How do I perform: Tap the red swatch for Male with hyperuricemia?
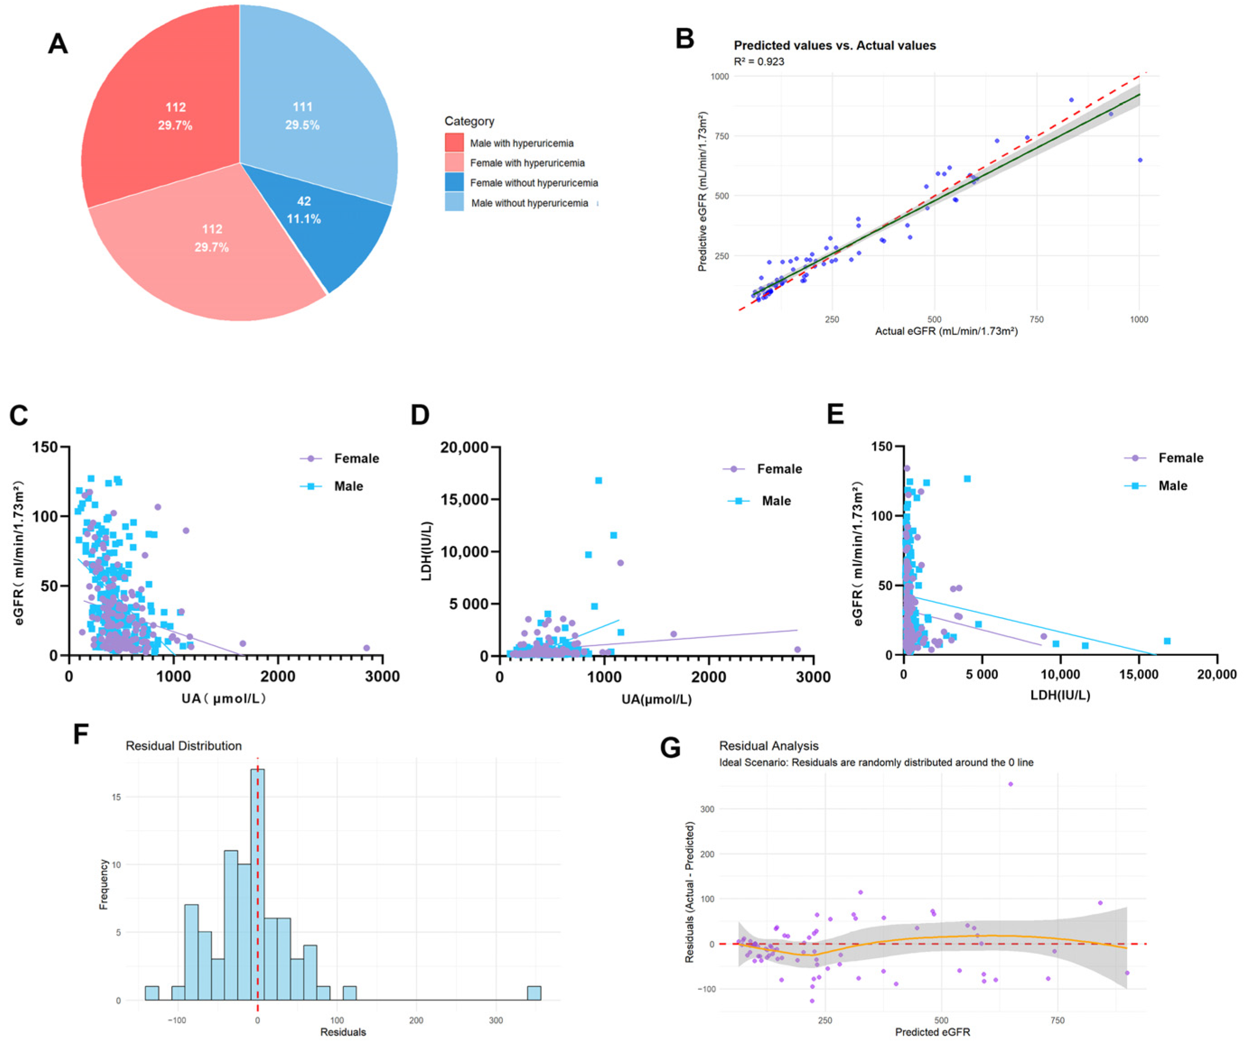click(454, 143)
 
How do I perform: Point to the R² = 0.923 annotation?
click(759, 61)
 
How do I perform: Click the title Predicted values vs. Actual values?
click(834, 46)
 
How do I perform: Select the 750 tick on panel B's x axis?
click(1036, 319)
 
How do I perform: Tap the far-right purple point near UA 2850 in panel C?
click(366, 648)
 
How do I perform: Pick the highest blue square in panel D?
click(599, 480)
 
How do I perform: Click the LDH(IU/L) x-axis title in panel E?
click(1060, 695)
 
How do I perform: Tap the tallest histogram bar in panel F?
click(257, 883)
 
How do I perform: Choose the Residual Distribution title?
click(184, 746)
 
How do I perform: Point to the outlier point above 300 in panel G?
click(1011, 784)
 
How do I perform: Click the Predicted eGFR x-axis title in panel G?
click(932, 1032)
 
